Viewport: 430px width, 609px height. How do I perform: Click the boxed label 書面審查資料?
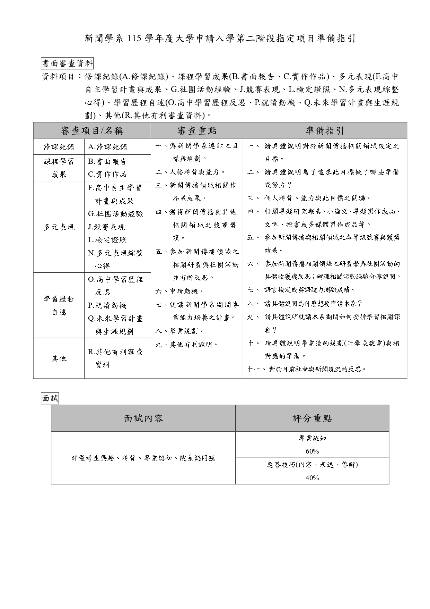point(68,64)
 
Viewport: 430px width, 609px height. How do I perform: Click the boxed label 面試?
point(50,398)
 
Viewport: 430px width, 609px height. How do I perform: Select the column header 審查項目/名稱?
point(92,130)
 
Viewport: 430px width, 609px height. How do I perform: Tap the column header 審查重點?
point(197,130)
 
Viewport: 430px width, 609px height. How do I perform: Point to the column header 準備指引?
point(325,130)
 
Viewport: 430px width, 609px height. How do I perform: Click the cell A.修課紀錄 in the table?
point(108,147)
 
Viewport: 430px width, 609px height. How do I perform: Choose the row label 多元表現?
point(59,227)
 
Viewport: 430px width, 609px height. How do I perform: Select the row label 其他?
point(59,358)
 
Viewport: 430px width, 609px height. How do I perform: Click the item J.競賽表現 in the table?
point(106,227)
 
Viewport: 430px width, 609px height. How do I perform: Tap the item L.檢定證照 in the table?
point(107,240)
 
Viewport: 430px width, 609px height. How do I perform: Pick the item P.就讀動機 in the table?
point(107,305)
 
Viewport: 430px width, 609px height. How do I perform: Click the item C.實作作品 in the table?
point(107,174)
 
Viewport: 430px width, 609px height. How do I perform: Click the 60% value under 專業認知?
point(312,451)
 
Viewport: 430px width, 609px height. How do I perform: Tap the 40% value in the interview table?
point(312,478)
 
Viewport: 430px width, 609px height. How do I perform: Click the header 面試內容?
point(143,418)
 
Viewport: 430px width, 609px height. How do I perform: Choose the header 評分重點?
point(312,418)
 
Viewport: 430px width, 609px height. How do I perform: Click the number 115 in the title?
point(134,38)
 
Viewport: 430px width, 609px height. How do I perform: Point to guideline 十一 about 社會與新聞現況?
point(307,369)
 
